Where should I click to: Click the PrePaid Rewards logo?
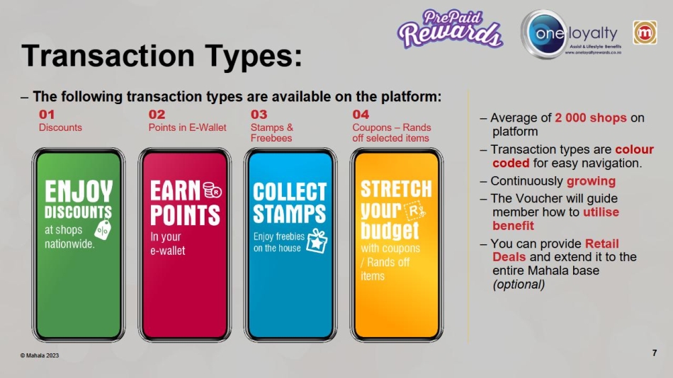pyautogui.click(x=449, y=29)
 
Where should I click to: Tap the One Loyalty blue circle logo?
pyautogui.click(x=544, y=33)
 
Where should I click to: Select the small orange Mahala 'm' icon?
pyautogui.click(x=645, y=33)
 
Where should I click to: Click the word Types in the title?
pyautogui.click(x=253, y=56)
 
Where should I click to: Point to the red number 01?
pyautogui.click(x=47, y=115)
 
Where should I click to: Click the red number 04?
pyautogui.click(x=361, y=115)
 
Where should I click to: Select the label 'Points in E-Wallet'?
pyautogui.click(x=187, y=127)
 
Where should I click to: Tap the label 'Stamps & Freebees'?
pyautogui.click(x=272, y=132)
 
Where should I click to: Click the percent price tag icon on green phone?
pyautogui.click(x=103, y=229)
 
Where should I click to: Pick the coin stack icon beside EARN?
pyautogui.click(x=212, y=190)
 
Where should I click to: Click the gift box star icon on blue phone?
pyautogui.click(x=317, y=241)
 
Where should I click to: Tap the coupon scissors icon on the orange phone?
pyautogui.click(x=414, y=211)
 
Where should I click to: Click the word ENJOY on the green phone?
pyautogui.click(x=79, y=191)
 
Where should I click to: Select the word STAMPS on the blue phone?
pyautogui.click(x=289, y=214)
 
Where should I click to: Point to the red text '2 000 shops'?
pyautogui.click(x=591, y=118)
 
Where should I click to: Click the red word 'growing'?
pyautogui.click(x=591, y=181)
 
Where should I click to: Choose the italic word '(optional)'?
pyautogui.click(x=519, y=285)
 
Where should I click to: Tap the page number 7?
pyautogui.click(x=654, y=353)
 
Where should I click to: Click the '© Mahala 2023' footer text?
pyautogui.click(x=40, y=355)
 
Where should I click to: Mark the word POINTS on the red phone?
pyautogui.click(x=185, y=215)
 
